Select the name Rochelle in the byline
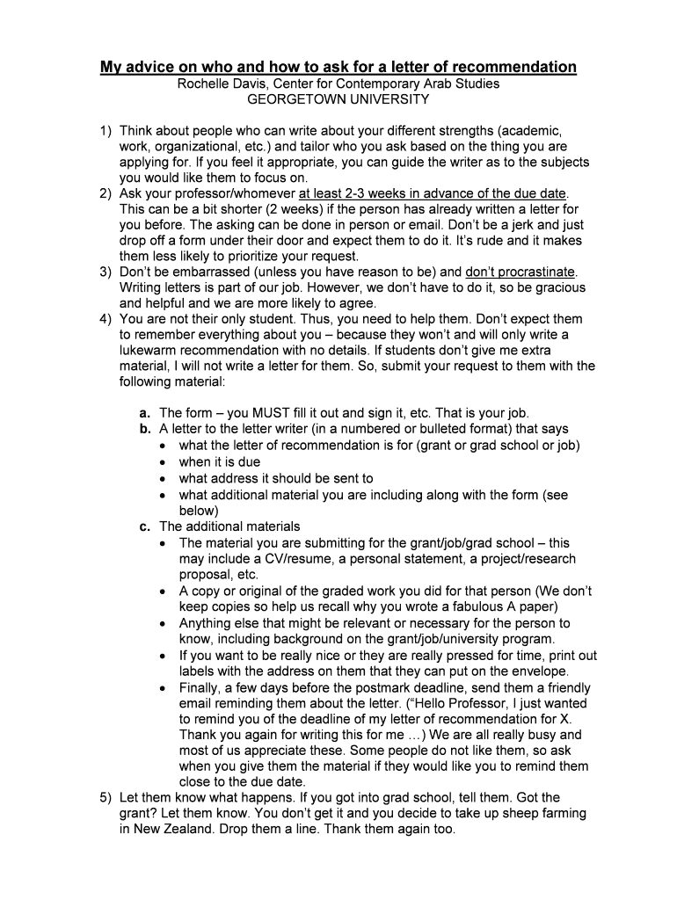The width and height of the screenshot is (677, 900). point(204,84)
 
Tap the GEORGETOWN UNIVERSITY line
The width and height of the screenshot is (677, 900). point(338,100)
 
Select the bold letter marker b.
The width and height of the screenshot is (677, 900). point(144,429)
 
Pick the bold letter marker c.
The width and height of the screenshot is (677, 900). point(144,526)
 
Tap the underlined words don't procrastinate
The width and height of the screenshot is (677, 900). point(519,272)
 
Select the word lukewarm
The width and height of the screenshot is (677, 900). point(149,350)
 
